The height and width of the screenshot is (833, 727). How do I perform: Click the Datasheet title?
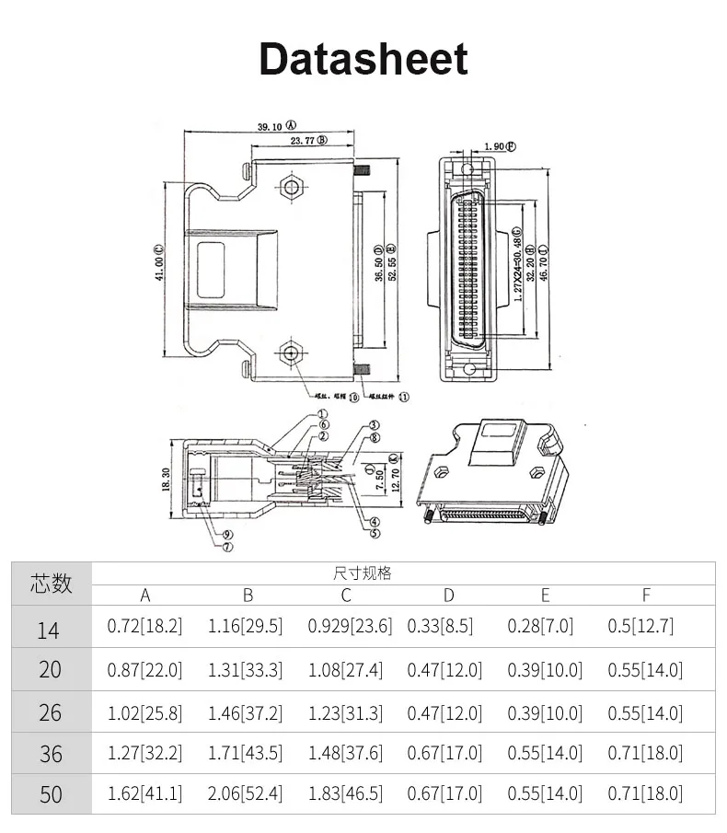click(363, 58)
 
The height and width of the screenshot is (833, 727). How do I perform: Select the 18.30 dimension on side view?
click(167, 479)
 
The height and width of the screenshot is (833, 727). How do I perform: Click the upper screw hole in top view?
click(292, 187)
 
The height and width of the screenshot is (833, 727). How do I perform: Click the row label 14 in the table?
click(49, 630)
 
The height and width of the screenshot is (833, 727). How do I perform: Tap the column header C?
click(346, 596)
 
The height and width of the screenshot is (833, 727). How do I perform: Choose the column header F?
click(645, 596)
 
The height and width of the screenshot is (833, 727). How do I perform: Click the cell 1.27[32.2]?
click(145, 753)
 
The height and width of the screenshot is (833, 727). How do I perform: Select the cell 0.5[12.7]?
click(640, 627)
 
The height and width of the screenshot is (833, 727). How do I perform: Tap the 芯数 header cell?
click(52, 583)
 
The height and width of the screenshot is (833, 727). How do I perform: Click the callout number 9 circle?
click(226, 535)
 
